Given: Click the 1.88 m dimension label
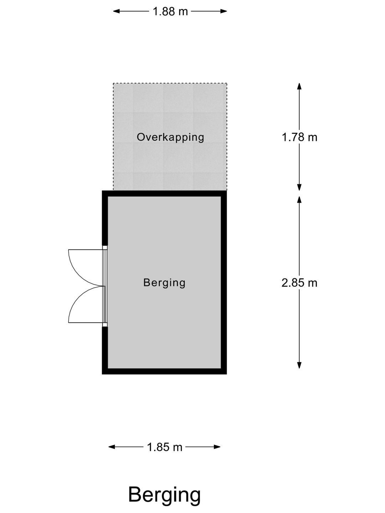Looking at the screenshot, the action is point(170,11).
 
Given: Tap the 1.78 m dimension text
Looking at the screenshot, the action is point(299,137).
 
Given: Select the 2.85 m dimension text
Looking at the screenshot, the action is point(299,283).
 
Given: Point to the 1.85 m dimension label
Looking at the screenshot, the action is point(165,447).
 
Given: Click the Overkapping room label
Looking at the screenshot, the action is point(170,137).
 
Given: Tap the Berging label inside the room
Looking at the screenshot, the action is point(164,283).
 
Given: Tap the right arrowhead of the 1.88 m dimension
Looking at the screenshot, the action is point(224,11).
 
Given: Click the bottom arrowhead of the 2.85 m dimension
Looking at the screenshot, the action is point(299,365).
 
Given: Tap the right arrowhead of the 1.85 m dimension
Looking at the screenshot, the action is point(217,447).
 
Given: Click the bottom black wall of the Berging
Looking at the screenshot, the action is point(164,371).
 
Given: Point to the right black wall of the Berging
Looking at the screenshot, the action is point(224,282).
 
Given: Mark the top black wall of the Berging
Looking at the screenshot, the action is point(164,193).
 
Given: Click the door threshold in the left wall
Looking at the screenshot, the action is point(105,286).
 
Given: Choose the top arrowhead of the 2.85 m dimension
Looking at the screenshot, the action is point(299,199).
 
